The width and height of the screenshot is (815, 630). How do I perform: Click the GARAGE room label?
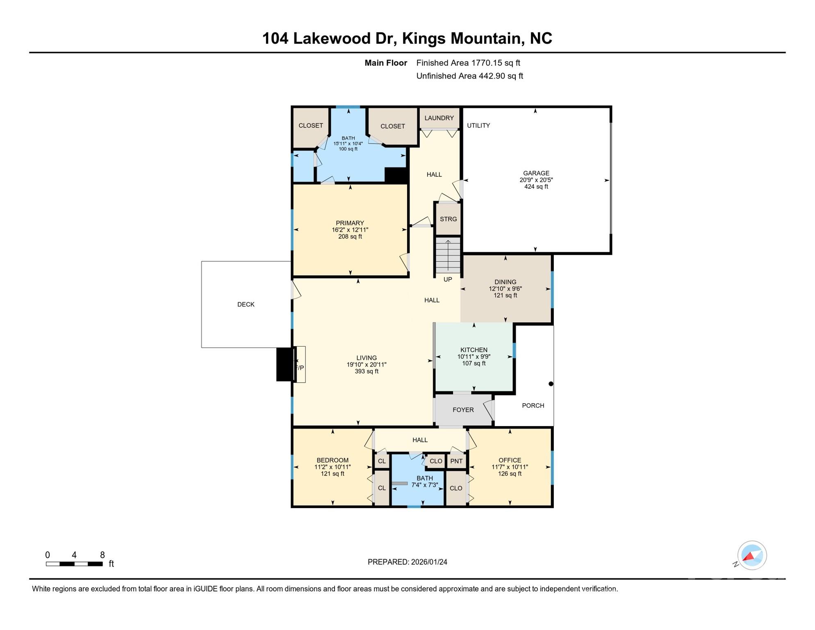(x=536, y=173)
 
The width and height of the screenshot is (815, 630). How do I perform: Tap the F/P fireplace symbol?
(x=300, y=367)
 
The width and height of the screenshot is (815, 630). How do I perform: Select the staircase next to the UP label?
(x=448, y=256)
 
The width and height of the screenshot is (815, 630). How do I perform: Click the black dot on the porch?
(x=551, y=384)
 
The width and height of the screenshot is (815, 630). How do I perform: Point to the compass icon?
(x=751, y=555)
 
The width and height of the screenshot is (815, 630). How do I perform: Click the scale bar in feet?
(x=74, y=564)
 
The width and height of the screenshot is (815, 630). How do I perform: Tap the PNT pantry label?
(x=456, y=461)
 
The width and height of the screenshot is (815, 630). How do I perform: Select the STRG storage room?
(x=448, y=219)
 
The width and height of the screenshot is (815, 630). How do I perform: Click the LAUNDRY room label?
(x=439, y=118)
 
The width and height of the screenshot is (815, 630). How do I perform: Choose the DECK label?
(x=246, y=304)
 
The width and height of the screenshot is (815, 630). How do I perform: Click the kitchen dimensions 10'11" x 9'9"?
(x=474, y=357)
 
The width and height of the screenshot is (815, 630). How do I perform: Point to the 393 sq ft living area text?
(x=367, y=372)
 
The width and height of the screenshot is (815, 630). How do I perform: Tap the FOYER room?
(x=463, y=410)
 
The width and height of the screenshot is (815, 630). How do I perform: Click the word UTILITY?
(x=478, y=126)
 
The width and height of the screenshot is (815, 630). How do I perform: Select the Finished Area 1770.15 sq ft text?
(x=468, y=63)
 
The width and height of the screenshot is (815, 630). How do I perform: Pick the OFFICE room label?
(x=510, y=460)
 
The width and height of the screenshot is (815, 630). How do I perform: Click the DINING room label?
(x=505, y=282)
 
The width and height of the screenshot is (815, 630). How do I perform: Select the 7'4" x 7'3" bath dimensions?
(x=425, y=485)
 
